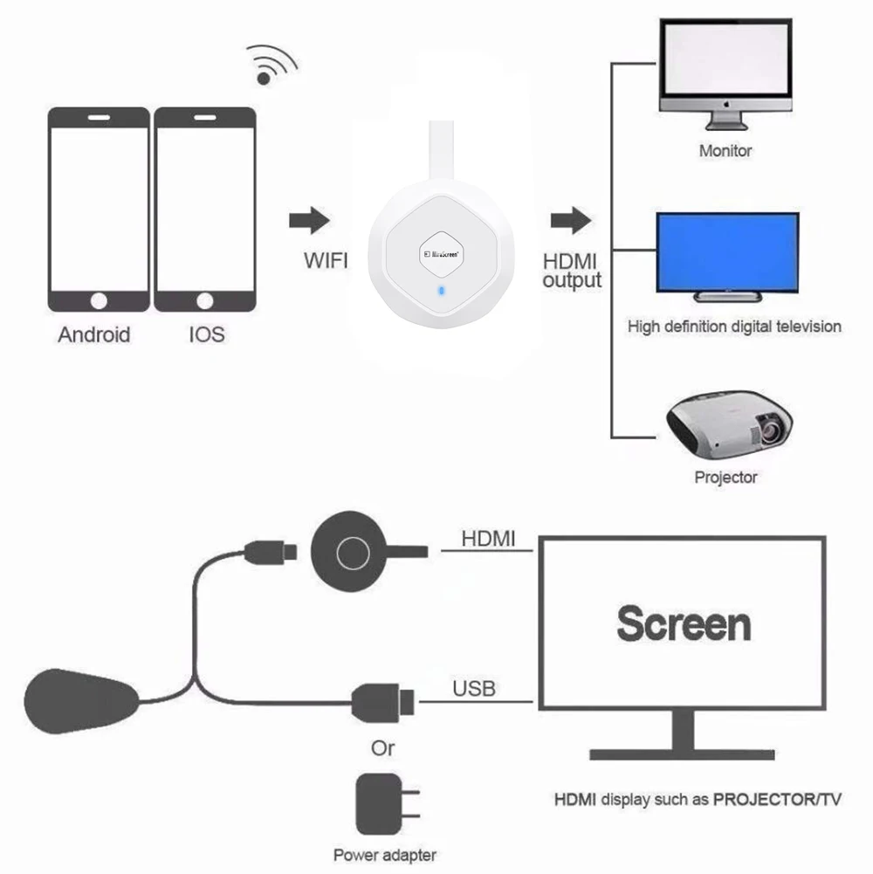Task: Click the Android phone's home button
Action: pyautogui.click(x=99, y=300)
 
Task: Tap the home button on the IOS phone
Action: pyautogui.click(x=204, y=300)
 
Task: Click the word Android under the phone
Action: pyautogui.click(x=94, y=334)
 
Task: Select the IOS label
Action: pyautogui.click(x=206, y=334)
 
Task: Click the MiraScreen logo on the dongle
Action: pyautogui.click(x=440, y=253)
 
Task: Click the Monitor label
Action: pyautogui.click(x=725, y=151)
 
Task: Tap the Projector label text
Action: pyautogui.click(x=725, y=478)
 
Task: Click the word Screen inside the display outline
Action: pyautogui.click(x=683, y=623)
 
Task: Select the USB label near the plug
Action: pyautogui.click(x=473, y=689)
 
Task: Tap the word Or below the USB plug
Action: pyautogui.click(x=382, y=748)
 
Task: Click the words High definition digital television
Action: pyautogui.click(x=734, y=327)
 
